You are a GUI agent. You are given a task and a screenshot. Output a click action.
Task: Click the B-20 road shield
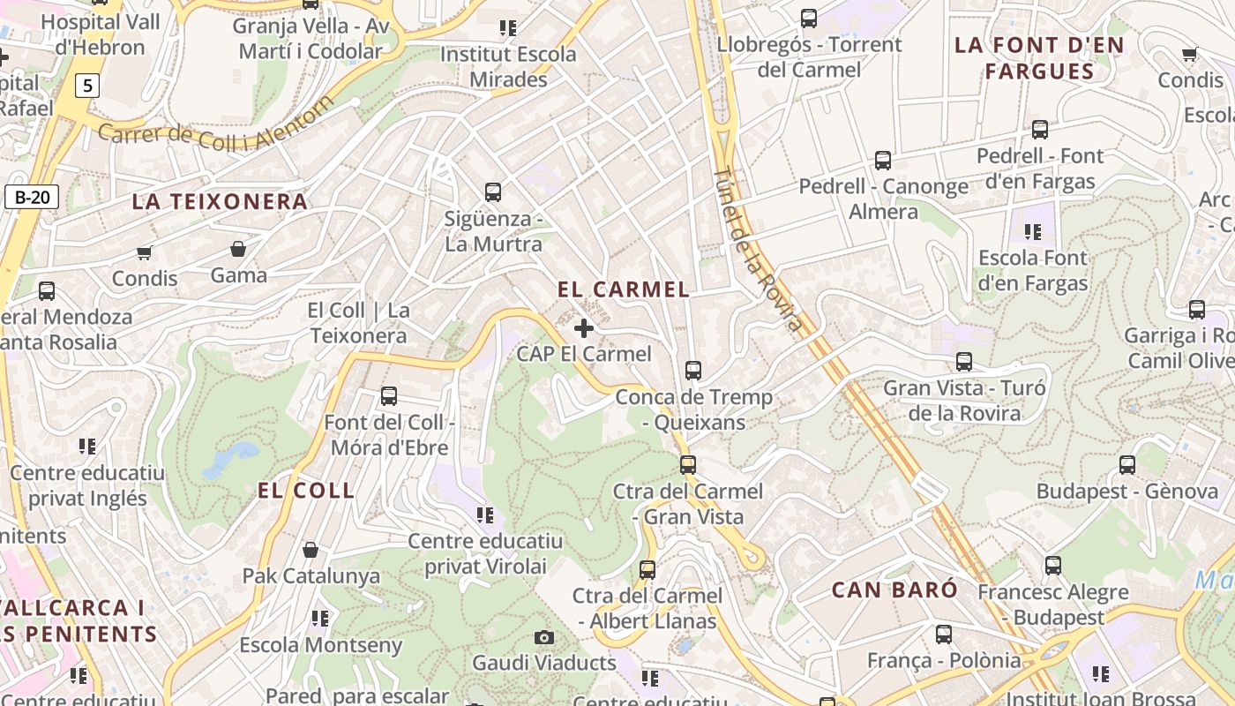click(x=32, y=197)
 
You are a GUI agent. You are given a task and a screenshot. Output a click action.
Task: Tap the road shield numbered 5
click(x=87, y=86)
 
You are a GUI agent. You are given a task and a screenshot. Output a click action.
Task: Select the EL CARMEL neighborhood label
click(x=624, y=289)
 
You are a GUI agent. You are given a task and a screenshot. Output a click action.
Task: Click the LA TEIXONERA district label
click(x=220, y=202)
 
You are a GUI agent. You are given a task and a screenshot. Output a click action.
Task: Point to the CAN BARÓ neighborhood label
click(x=894, y=590)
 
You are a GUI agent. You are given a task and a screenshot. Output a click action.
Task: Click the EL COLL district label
click(x=306, y=492)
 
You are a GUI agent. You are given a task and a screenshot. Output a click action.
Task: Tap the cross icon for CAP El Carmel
click(x=583, y=328)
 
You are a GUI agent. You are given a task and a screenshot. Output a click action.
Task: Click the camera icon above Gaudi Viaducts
click(x=544, y=637)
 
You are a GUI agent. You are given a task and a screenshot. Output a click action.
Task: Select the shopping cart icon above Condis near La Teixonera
click(x=145, y=253)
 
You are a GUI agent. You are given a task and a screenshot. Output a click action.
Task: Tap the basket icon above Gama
click(x=238, y=249)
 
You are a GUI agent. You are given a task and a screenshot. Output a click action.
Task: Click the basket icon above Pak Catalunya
click(x=311, y=550)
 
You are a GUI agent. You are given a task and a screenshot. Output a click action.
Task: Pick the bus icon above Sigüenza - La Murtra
click(x=493, y=192)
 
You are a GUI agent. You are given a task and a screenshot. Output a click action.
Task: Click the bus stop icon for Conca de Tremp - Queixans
click(x=693, y=371)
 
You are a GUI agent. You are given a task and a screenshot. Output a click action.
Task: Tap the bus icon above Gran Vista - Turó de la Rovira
click(x=964, y=362)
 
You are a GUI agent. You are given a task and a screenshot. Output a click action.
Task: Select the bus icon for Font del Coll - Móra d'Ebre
click(x=389, y=396)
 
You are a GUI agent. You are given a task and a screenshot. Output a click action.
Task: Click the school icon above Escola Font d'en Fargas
click(x=1033, y=232)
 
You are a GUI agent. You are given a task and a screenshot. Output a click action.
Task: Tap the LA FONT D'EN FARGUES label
click(x=1039, y=58)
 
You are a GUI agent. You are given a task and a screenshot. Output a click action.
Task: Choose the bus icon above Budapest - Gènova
click(x=1127, y=465)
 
